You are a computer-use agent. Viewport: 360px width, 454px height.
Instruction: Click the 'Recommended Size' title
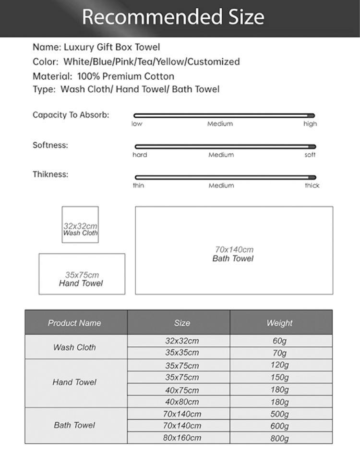(173, 17)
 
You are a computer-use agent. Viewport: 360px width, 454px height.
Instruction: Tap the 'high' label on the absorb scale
(310, 124)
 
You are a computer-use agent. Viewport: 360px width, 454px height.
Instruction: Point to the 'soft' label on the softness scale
(310, 155)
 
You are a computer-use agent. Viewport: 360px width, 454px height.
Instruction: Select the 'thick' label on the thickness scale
(312, 185)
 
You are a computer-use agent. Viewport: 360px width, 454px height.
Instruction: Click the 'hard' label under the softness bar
(140, 155)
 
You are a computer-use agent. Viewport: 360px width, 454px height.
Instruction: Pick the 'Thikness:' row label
(50, 174)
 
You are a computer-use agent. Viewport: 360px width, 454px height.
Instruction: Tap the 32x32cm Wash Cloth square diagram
(80, 224)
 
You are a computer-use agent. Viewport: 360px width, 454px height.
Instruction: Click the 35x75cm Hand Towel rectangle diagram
(82, 274)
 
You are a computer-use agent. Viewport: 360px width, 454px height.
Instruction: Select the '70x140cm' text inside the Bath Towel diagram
(234, 249)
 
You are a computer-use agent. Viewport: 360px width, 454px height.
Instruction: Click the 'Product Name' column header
(74, 323)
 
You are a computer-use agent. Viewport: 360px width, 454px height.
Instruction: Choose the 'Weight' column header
(279, 323)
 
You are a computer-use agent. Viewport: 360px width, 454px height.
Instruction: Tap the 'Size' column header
(182, 323)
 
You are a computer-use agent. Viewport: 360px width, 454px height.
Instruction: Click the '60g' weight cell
(279, 341)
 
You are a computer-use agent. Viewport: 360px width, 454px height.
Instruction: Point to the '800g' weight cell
(279, 438)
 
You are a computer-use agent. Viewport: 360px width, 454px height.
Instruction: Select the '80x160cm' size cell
(182, 438)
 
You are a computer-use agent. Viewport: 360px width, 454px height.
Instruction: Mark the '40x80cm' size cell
(182, 402)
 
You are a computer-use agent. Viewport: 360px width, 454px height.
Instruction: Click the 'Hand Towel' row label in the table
(74, 382)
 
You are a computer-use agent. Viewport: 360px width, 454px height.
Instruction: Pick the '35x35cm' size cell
(182, 353)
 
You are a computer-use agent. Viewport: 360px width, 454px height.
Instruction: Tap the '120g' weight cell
(279, 365)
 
